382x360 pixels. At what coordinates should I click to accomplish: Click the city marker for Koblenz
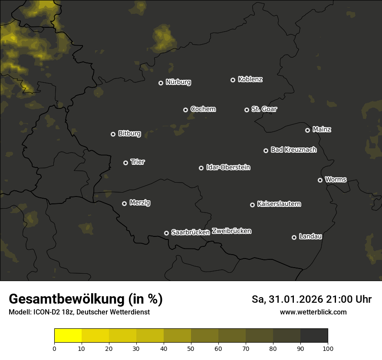point(233,80)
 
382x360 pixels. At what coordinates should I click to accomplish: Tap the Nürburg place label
point(178,82)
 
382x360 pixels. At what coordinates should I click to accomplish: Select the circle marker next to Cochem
point(185,110)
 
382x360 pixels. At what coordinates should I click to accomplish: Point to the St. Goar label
point(264,109)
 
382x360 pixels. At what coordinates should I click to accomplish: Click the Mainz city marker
point(307,130)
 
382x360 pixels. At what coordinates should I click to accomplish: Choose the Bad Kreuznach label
point(293,150)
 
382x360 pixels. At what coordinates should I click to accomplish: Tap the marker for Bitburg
point(113,134)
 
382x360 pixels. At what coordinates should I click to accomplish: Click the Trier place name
point(138,162)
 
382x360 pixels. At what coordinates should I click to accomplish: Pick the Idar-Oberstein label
point(228,167)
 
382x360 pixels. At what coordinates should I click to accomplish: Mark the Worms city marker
point(320,180)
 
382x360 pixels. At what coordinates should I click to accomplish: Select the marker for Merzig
point(124,203)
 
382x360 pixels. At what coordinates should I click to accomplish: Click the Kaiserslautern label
point(279,204)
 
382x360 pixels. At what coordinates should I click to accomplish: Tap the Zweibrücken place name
point(231,231)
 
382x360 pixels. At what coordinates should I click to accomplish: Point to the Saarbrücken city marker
point(166,233)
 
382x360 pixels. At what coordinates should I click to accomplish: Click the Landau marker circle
point(294,237)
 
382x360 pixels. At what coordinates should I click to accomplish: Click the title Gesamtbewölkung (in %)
point(86,299)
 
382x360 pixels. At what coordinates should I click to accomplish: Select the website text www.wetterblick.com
point(313,312)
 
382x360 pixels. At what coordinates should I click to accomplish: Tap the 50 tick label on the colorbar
point(191,348)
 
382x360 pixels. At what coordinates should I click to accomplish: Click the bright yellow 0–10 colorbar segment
point(68,336)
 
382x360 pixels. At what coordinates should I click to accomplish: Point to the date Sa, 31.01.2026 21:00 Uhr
point(311,299)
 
